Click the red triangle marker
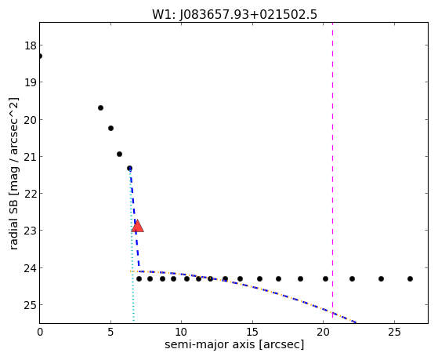(x=138, y=226)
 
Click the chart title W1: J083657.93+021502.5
(x=234, y=14)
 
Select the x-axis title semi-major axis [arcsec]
(x=234, y=344)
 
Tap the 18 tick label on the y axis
(x=31, y=45)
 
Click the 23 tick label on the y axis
(x=31, y=231)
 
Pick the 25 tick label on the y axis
(x=31, y=305)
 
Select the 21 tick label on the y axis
(x=31, y=157)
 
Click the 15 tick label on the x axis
(x=252, y=333)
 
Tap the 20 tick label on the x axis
(x=323, y=333)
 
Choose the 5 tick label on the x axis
(x=110, y=333)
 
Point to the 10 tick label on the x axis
(x=181, y=333)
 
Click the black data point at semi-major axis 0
(x=40, y=56)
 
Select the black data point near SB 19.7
(x=100, y=107)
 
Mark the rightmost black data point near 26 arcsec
(x=410, y=278)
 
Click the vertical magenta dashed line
(x=332, y=170)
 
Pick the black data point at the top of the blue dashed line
(x=129, y=168)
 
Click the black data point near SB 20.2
(x=110, y=128)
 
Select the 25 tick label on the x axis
(x=394, y=333)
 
